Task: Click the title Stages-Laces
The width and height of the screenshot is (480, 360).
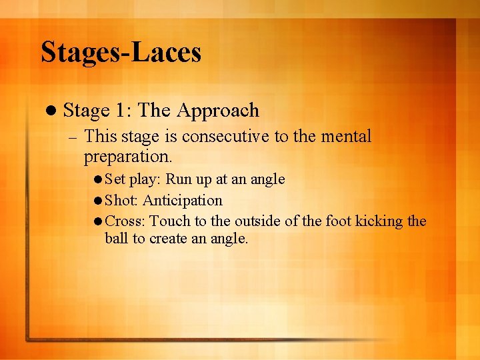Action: (121, 52)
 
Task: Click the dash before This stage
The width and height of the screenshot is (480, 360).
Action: (73, 137)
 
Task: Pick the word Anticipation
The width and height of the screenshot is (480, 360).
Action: (183, 200)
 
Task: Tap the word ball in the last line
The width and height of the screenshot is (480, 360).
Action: (116, 238)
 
